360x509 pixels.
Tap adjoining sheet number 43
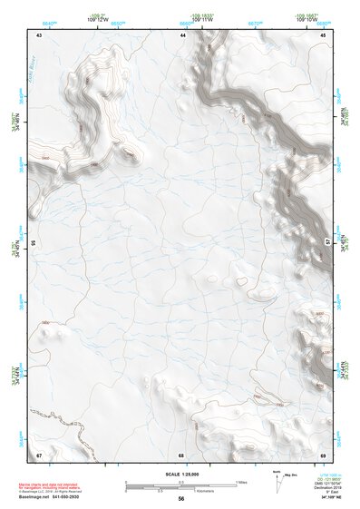pos(39,34)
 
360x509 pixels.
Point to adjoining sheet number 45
pos(324,34)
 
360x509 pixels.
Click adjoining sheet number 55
pos(34,243)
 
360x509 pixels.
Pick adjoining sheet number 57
pos(328,243)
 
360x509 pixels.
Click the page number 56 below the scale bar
pos(181,499)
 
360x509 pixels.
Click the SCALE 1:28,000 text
pos(180,474)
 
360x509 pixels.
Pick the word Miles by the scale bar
pos(242,481)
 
